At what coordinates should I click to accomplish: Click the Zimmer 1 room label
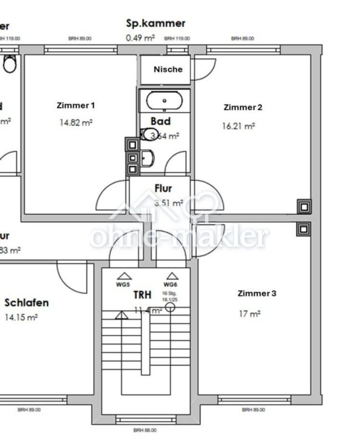[x=76, y=105]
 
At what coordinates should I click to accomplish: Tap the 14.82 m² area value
[x=76, y=123]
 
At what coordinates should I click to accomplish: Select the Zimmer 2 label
[x=243, y=107]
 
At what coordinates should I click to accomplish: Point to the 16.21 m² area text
[x=239, y=126]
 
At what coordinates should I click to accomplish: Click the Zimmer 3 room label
[x=257, y=293]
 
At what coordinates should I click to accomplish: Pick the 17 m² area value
[x=249, y=314]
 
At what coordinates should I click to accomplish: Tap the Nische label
[x=168, y=69]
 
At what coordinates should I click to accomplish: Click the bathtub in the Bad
[x=164, y=101]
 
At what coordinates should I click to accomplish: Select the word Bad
[x=160, y=121]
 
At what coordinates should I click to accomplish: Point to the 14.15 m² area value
[x=21, y=318]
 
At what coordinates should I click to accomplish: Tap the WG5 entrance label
[x=123, y=284]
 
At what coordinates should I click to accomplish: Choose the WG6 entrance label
[x=170, y=284]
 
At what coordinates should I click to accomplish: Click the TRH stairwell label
[x=142, y=295]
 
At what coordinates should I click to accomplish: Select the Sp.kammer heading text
[x=156, y=23]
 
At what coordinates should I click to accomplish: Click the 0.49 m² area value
[x=140, y=38]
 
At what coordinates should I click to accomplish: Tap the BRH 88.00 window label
[x=145, y=430]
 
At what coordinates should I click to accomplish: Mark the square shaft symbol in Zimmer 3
[x=303, y=228]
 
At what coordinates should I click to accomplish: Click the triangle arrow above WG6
[x=172, y=276]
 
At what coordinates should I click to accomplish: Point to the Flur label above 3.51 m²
[x=163, y=188]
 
